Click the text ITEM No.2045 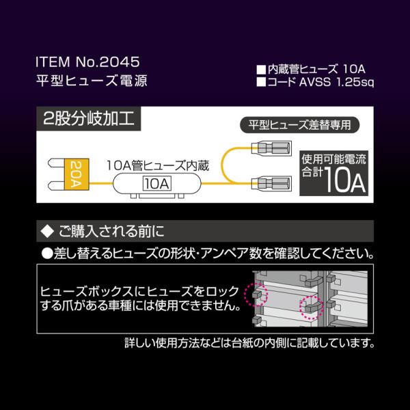[x=87, y=62]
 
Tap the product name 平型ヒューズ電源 [x=92, y=80]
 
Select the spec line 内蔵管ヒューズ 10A [x=311, y=69]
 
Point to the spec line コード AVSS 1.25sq [x=315, y=82]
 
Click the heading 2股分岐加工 [x=89, y=119]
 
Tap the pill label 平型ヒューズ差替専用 [x=300, y=125]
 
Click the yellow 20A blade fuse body [x=77, y=174]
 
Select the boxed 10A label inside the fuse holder [x=157, y=184]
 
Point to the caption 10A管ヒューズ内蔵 [x=158, y=166]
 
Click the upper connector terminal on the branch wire [x=271, y=148]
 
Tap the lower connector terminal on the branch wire [x=271, y=183]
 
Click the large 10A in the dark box [x=344, y=180]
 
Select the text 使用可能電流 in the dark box [x=333, y=159]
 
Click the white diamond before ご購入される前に [x=47, y=232]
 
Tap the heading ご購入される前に [x=111, y=232]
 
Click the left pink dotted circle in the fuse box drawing [x=256, y=294]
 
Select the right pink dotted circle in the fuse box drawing [x=311, y=307]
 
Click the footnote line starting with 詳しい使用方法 [x=249, y=343]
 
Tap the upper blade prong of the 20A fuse [x=56, y=163]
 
